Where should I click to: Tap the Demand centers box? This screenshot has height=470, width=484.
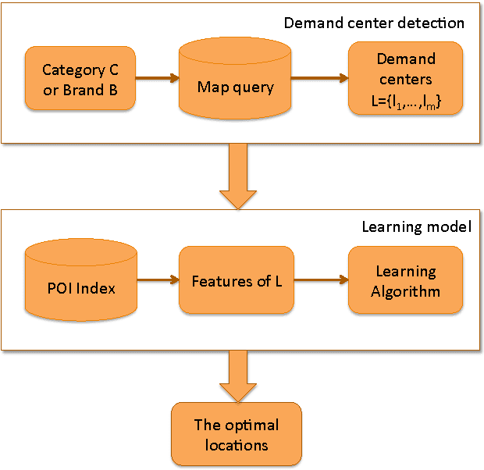click(405, 79)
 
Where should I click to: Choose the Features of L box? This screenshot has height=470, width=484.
click(236, 281)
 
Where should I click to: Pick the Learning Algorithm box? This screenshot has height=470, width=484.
click(405, 282)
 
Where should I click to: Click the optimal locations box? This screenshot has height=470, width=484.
click(236, 436)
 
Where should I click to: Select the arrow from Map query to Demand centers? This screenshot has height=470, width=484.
click(319, 78)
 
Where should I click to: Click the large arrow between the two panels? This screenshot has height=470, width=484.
click(236, 177)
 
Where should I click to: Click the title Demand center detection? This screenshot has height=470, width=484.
click(373, 23)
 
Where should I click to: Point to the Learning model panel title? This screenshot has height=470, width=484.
click(416, 227)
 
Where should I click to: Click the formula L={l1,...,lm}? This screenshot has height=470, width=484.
click(405, 102)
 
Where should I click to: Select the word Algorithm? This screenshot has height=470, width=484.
click(406, 291)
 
